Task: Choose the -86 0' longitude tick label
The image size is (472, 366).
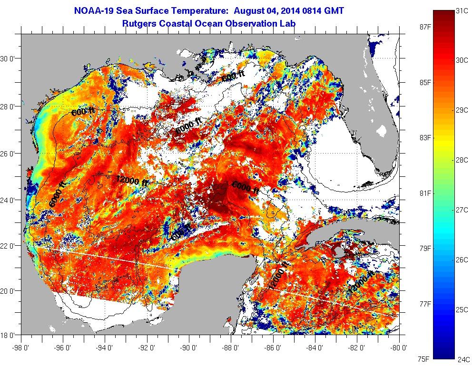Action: click(x=273, y=347)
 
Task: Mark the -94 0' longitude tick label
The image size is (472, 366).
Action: click(x=105, y=347)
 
